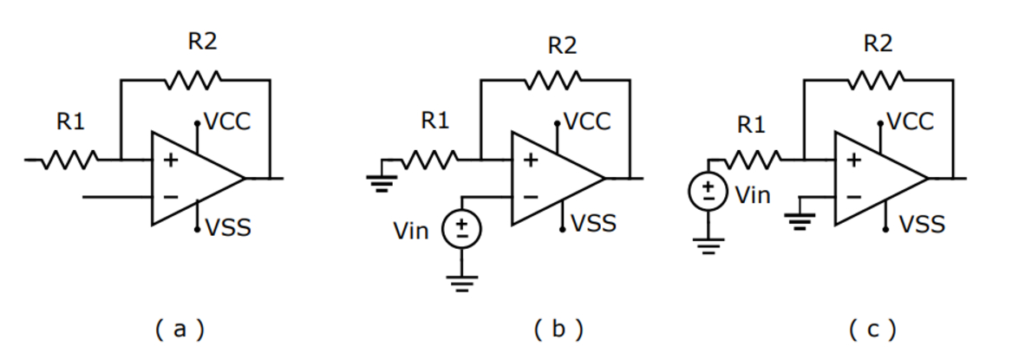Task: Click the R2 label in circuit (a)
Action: [x=202, y=43]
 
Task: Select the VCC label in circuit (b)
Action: [x=588, y=121]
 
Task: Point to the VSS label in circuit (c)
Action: [x=921, y=226]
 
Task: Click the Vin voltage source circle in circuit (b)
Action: [x=462, y=229]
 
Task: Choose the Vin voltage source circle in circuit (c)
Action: [x=708, y=193]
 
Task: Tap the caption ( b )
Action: [x=558, y=330]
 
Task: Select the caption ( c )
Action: [x=872, y=330]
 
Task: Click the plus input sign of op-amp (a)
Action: [x=171, y=160]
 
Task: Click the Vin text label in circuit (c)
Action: [x=753, y=194]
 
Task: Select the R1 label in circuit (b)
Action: [x=434, y=122]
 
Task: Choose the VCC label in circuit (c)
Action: [x=911, y=121]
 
